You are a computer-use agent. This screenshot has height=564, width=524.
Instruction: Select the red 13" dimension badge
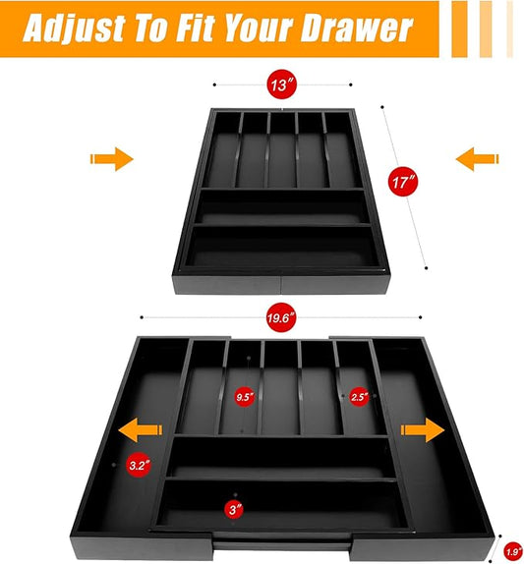(282, 85)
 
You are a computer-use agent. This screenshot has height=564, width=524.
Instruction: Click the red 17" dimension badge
(403, 181)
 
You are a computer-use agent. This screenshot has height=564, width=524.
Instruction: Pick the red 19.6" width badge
(281, 317)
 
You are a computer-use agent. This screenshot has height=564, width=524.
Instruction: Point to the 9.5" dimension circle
(245, 397)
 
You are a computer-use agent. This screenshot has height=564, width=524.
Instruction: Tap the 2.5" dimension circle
(359, 397)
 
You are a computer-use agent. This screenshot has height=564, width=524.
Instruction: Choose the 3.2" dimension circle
(139, 465)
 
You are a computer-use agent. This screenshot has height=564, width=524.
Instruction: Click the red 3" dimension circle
(234, 509)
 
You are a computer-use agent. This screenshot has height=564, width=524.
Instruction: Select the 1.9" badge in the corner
(513, 552)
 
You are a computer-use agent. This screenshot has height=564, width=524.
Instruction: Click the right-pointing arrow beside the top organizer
(111, 158)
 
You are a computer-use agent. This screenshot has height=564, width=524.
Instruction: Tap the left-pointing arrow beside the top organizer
(477, 158)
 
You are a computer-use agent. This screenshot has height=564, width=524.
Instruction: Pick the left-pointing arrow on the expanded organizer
(141, 429)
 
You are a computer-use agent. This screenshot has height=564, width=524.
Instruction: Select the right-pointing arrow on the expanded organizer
(423, 429)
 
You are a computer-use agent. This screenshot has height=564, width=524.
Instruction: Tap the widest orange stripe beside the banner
(459, 28)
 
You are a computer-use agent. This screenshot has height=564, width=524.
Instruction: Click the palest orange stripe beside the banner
(509, 28)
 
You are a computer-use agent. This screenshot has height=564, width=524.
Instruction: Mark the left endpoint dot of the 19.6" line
(142, 317)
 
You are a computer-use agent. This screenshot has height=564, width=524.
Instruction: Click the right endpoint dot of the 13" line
(351, 85)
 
